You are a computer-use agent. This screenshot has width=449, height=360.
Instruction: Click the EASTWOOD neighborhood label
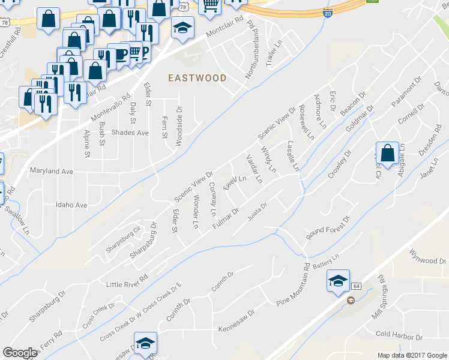point(197,78)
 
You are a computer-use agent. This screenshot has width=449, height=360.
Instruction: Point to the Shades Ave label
point(130,132)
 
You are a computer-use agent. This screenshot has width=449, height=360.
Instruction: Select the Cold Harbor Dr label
point(399,334)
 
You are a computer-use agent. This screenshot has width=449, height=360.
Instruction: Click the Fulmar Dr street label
point(226,218)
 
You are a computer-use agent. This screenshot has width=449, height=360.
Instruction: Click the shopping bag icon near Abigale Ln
point(388,153)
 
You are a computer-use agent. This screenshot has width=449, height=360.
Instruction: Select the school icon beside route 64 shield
point(338,280)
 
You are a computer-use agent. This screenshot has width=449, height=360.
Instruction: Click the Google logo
point(20,353)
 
